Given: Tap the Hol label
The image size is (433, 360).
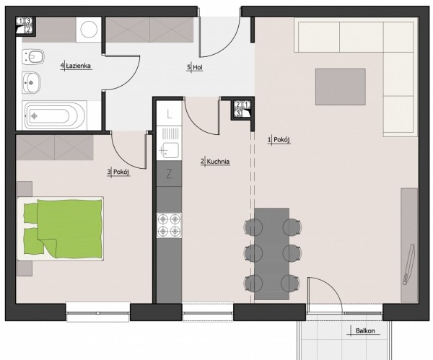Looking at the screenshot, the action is (198, 67).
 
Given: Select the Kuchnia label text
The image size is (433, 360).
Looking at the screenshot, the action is (218, 162).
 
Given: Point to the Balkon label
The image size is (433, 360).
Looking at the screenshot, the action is (365, 330).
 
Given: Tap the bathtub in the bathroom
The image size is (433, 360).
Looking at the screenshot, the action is (54, 115).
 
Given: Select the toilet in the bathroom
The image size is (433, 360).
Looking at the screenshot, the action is (33, 58).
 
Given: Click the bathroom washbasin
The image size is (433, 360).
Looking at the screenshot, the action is (31, 82).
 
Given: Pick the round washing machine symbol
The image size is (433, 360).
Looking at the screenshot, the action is (89, 30).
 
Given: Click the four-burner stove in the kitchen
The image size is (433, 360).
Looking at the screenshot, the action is (170, 225).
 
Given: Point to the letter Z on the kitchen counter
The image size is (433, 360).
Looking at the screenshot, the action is (169, 174).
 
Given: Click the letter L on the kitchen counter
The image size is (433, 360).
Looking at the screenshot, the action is (170, 114).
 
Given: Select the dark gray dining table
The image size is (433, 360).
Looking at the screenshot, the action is (272, 254).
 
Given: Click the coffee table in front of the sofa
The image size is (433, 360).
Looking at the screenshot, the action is (341, 87).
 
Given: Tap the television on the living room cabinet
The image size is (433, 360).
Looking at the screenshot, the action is (409, 264).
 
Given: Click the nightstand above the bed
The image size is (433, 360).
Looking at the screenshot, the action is (25, 189).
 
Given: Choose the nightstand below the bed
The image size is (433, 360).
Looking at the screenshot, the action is (25, 268).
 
